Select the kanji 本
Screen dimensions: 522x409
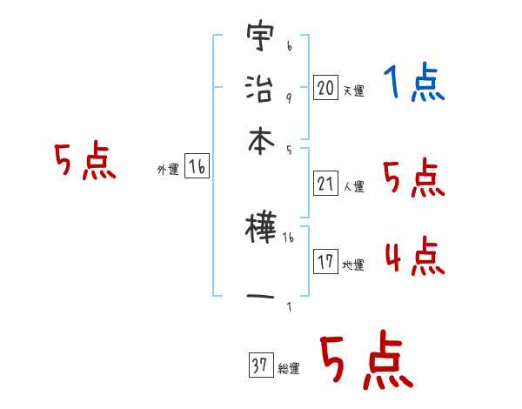258,139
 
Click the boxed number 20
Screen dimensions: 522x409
325,88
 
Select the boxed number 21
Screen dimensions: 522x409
325,184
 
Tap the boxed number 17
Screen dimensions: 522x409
325,262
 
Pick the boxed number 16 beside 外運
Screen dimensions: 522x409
197,167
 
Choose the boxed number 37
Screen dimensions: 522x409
259,366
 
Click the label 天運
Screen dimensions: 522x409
353,91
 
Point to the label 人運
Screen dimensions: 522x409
353,186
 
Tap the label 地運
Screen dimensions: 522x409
353,265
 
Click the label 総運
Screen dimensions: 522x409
288,369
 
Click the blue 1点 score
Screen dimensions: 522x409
414,84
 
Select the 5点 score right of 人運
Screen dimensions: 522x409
414,178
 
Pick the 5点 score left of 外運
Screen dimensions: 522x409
84,162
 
